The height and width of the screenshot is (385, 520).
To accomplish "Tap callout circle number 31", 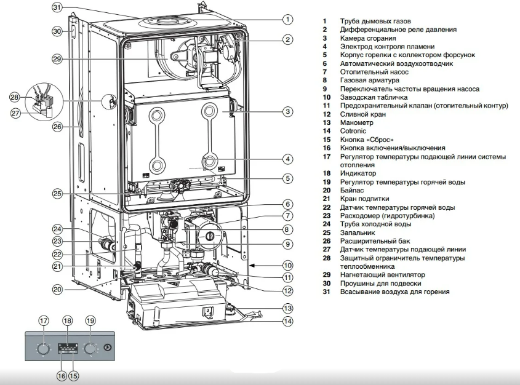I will tap(57, 9).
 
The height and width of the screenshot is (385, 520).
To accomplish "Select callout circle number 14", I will tap(287, 321).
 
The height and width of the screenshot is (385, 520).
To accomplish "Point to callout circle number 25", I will tap(57, 194).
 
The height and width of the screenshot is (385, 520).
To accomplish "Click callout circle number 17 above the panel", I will tap(43, 320).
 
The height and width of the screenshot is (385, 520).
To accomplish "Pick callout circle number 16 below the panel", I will tap(62, 375).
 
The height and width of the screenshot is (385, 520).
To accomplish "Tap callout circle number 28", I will tap(15, 98).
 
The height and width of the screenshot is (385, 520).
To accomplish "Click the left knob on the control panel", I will tap(42, 349).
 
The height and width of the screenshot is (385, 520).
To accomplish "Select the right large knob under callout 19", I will tap(90, 349).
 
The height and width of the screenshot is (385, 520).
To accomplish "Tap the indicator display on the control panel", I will tap(68, 349).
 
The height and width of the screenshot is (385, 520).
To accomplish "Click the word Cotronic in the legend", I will tap(353, 131).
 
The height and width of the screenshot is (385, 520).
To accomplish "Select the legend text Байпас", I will tap(353, 191).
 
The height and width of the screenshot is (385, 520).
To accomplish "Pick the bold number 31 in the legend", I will tap(326, 292).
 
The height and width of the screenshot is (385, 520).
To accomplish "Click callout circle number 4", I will tap(287, 159).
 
